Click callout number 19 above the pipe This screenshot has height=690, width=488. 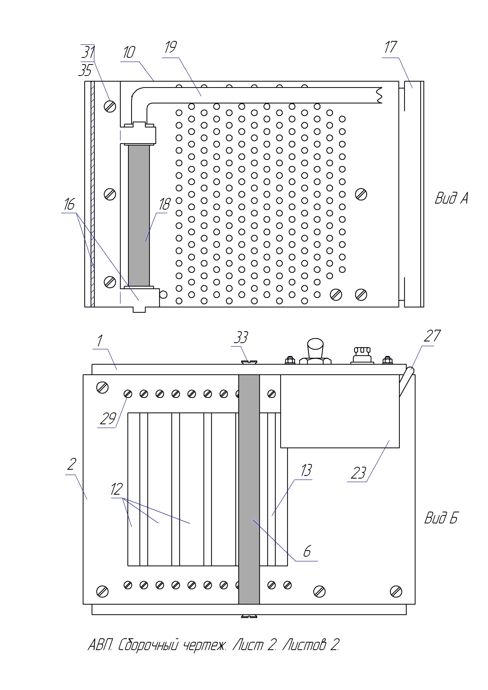[x=171, y=47]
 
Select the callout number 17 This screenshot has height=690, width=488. [x=391, y=47]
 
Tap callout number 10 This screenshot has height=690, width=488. [x=129, y=52]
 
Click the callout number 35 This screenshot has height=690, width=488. [x=85, y=70]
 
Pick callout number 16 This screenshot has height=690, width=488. [x=69, y=204]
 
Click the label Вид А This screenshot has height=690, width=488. [x=451, y=198]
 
